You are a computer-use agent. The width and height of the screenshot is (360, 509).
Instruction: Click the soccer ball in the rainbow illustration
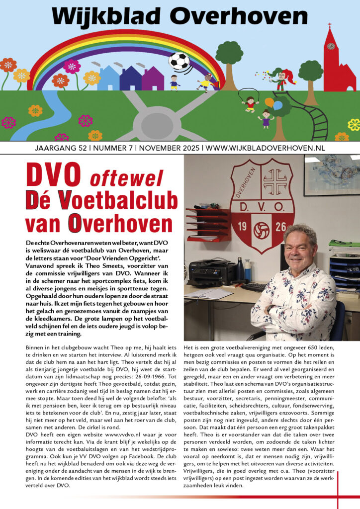point(179,61)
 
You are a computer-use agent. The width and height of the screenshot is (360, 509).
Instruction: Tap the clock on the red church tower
point(331,46)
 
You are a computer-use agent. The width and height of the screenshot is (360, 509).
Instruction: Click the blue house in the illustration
point(108,79)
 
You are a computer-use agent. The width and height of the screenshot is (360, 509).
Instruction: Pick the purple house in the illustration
point(153,79)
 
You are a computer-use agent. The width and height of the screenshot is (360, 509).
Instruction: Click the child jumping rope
point(250,103)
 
